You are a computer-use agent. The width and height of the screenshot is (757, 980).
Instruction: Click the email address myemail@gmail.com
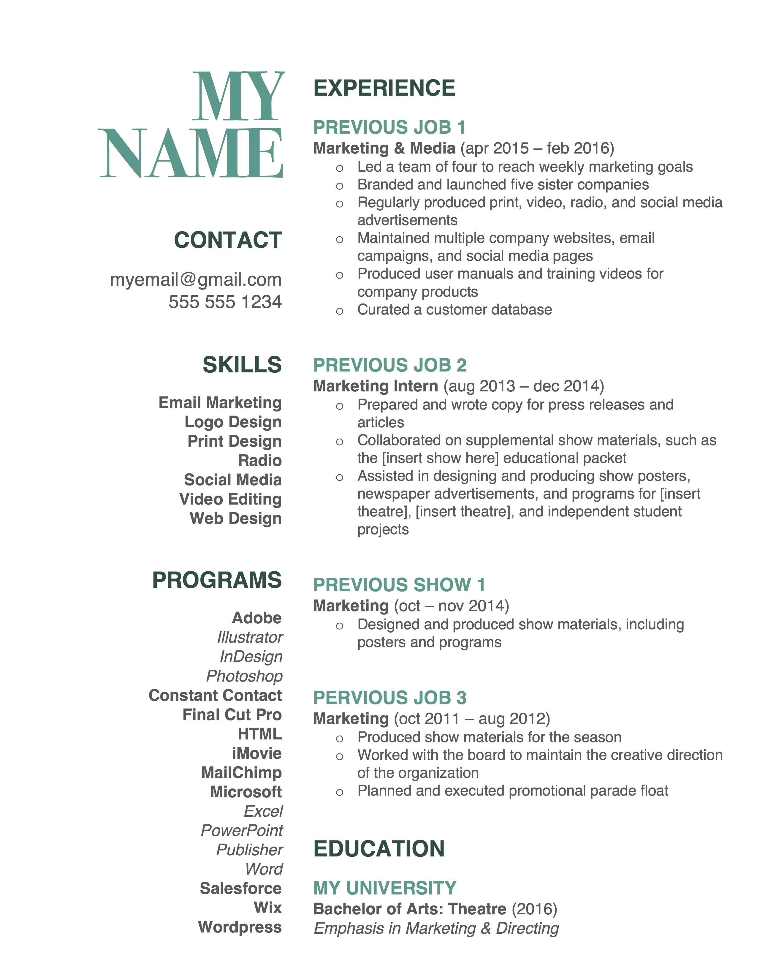(x=196, y=280)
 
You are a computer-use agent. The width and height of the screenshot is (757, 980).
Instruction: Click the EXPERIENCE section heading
(x=384, y=88)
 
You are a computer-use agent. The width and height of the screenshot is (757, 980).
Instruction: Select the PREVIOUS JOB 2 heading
(x=390, y=365)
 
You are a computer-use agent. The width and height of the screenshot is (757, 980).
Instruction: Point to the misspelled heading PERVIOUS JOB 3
(x=390, y=698)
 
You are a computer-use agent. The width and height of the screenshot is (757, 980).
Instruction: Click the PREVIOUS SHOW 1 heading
(x=399, y=585)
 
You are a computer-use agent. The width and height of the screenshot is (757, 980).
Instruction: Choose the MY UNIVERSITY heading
(x=385, y=888)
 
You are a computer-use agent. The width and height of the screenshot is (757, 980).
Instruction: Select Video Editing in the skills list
(x=230, y=499)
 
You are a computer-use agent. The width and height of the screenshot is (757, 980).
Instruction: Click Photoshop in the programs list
(x=244, y=676)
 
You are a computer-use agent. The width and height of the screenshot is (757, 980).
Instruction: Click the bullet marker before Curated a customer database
(x=340, y=311)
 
